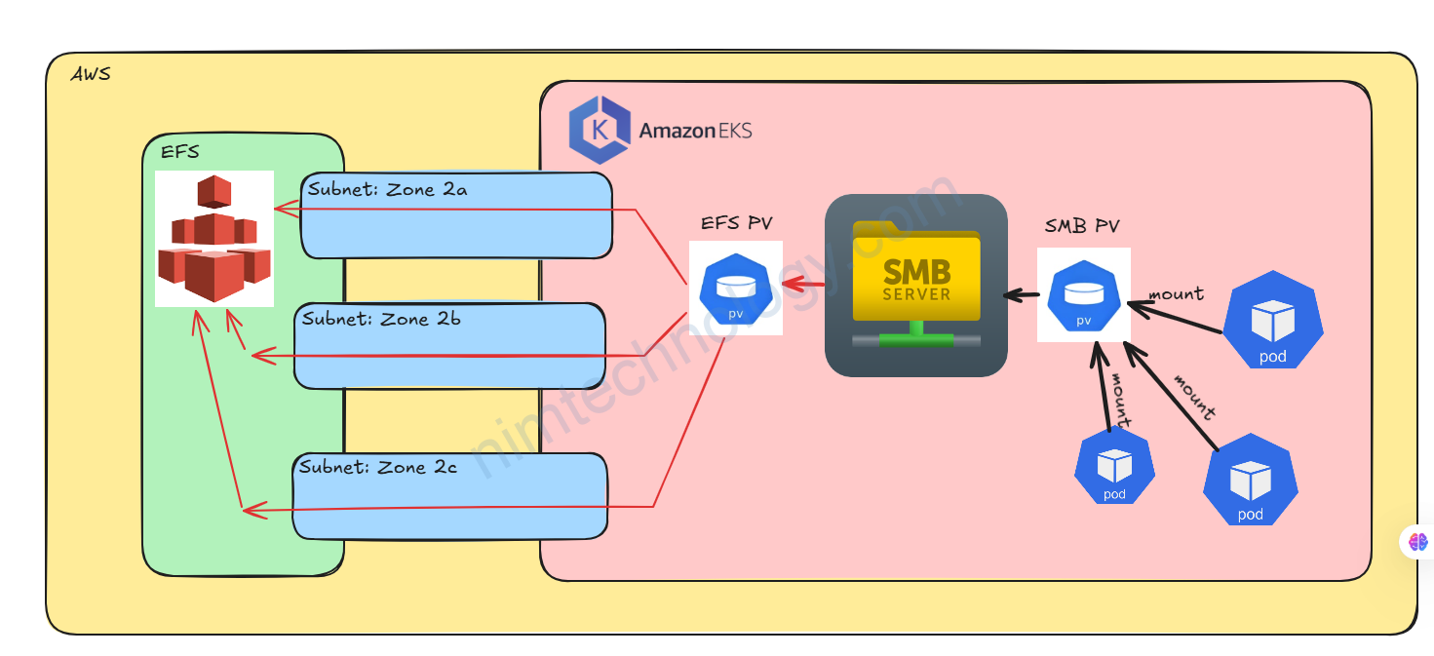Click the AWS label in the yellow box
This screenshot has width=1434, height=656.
91,74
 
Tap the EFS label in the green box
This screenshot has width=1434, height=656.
179,152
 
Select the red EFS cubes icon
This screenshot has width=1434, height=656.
214,239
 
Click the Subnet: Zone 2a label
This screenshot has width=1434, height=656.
387,190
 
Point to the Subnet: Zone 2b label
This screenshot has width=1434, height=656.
381,319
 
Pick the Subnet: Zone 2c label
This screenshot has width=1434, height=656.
378,468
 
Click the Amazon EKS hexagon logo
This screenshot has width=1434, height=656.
599,130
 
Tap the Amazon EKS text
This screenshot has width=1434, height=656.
695,131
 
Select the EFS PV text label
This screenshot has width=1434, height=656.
736,223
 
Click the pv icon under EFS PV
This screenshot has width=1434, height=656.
736,289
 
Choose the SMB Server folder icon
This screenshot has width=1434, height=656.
915,285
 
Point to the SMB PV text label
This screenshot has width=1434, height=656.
1082,227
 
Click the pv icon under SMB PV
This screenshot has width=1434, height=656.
1083,294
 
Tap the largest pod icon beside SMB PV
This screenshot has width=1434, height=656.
1272,325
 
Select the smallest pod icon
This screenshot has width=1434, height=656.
1114,468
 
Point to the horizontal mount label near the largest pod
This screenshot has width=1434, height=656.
1176,293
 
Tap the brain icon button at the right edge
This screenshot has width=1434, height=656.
1418,541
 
